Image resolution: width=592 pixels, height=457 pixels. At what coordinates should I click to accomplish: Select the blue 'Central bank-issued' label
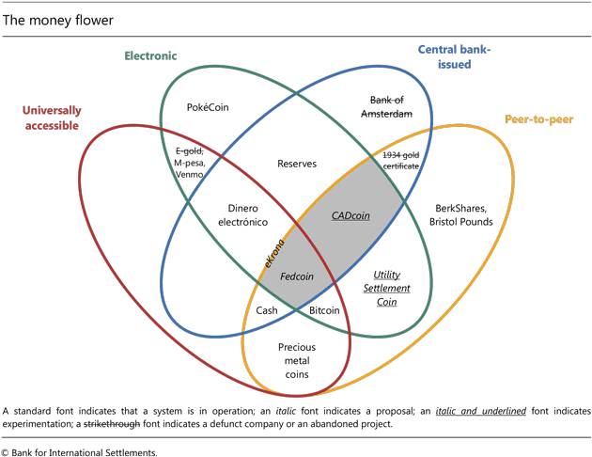click(x=454, y=55)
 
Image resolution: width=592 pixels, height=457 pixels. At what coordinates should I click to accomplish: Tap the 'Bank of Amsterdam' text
click(x=386, y=106)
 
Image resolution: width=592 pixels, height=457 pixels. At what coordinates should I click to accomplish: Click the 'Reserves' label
click(x=296, y=163)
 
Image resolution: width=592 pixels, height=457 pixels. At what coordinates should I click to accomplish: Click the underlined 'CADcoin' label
click(x=350, y=214)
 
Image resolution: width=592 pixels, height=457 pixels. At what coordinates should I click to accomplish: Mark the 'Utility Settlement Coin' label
click(x=388, y=289)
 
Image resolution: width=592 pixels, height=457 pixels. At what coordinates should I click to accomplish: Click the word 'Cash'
click(x=267, y=310)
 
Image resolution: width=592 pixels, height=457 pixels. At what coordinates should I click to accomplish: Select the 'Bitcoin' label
click(x=324, y=310)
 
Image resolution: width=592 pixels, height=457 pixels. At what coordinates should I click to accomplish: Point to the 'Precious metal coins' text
click(x=297, y=361)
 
